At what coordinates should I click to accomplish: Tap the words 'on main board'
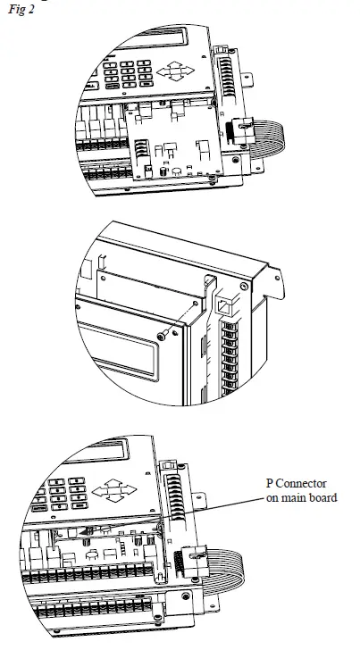point(301,497)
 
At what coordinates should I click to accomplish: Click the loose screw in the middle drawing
point(161,334)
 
